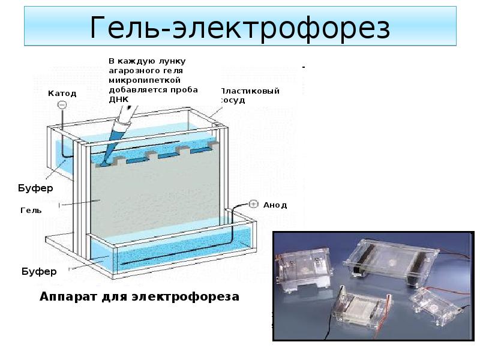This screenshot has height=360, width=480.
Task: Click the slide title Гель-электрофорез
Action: [240, 28]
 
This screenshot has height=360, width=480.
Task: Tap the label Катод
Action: [62, 94]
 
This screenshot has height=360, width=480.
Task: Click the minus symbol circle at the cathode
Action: [62, 105]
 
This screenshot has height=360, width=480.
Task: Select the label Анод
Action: [275, 205]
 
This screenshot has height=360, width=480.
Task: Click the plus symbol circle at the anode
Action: [253, 204]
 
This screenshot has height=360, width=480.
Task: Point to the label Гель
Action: [31, 211]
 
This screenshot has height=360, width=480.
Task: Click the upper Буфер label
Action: [35, 188]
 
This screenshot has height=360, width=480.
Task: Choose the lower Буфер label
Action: [39, 271]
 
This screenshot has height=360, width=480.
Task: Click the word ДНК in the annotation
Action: [119, 100]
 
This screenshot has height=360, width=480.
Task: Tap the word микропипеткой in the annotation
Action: [145, 80]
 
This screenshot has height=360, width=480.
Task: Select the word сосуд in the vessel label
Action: [233, 100]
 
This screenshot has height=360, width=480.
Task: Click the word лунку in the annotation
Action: [172, 62]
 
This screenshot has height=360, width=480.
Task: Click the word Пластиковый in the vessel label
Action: [250, 91]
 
